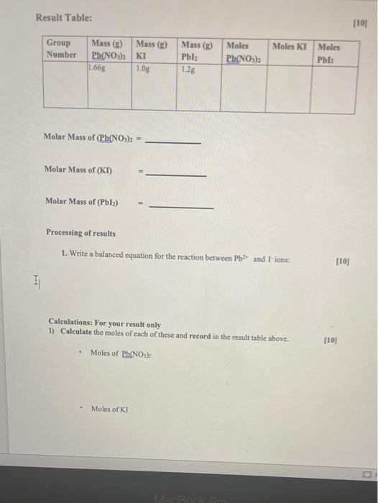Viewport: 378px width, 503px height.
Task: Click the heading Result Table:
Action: (63, 17)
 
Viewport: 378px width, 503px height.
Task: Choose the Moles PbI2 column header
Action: (330, 52)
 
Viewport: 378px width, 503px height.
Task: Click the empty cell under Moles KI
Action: (288, 90)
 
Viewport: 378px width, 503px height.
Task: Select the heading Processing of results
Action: (80, 233)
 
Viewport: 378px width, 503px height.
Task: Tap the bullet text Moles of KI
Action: (109, 409)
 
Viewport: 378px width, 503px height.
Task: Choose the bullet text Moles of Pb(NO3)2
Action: (121, 353)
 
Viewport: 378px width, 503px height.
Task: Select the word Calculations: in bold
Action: (71, 323)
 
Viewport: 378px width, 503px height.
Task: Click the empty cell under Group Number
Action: (65, 90)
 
